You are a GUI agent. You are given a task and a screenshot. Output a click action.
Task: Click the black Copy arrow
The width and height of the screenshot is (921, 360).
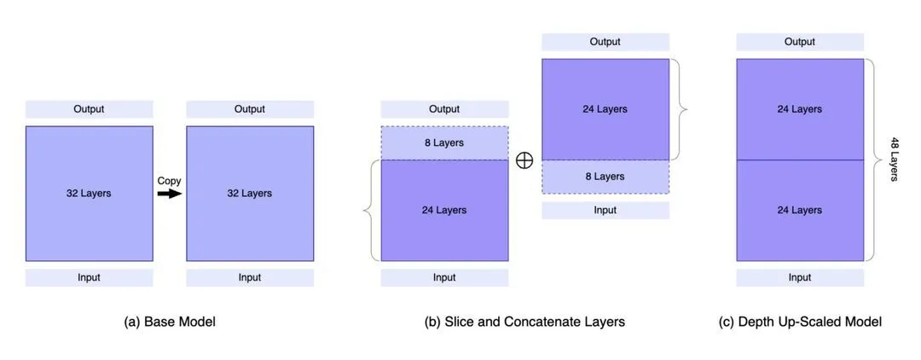tap(170, 194)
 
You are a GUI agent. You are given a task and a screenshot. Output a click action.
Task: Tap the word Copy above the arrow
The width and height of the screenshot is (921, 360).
tap(170, 181)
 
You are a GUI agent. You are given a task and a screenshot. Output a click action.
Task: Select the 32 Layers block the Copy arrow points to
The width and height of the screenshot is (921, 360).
tap(250, 194)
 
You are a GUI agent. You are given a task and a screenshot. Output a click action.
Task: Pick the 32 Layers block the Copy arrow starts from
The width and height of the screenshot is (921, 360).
tap(89, 194)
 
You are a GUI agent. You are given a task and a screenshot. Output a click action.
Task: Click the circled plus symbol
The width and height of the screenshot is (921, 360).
tap(524, 160)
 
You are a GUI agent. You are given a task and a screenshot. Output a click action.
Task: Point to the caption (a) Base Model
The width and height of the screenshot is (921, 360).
tap(170, 322)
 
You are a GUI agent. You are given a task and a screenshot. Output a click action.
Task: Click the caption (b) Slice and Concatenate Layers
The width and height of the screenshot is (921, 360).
tap(524, 322)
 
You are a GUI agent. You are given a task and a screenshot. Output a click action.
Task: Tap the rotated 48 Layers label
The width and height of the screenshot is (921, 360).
tap(895, 159)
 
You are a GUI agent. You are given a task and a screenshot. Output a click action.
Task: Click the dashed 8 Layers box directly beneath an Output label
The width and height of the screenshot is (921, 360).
tap(444, 143)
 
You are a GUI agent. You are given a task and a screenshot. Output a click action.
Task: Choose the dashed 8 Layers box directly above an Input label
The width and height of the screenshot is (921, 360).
tap(605, 177)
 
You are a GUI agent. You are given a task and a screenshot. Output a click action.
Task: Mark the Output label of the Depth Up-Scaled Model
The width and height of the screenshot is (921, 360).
tap(800, 42)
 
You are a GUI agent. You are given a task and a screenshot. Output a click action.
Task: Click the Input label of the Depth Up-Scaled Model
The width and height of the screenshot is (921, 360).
tap(800, 277)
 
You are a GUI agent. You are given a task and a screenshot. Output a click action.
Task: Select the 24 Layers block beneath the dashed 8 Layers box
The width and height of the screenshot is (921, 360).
tap(444, 210)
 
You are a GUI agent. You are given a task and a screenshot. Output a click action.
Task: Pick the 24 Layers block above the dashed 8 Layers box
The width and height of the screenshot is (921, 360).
tap(605, 109)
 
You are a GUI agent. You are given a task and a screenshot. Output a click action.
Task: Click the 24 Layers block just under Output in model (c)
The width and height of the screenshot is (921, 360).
tap(800, 109)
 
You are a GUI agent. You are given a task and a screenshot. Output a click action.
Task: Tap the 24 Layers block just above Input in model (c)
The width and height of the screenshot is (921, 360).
tap(800, 210)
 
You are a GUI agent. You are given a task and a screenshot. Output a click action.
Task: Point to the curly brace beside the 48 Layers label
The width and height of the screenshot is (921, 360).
tap(872, 159)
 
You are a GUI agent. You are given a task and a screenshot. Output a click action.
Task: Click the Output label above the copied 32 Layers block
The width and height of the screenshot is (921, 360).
tap(250, 109)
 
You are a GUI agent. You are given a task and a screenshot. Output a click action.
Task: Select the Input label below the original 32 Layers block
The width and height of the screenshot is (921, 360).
tap(89, 277)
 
